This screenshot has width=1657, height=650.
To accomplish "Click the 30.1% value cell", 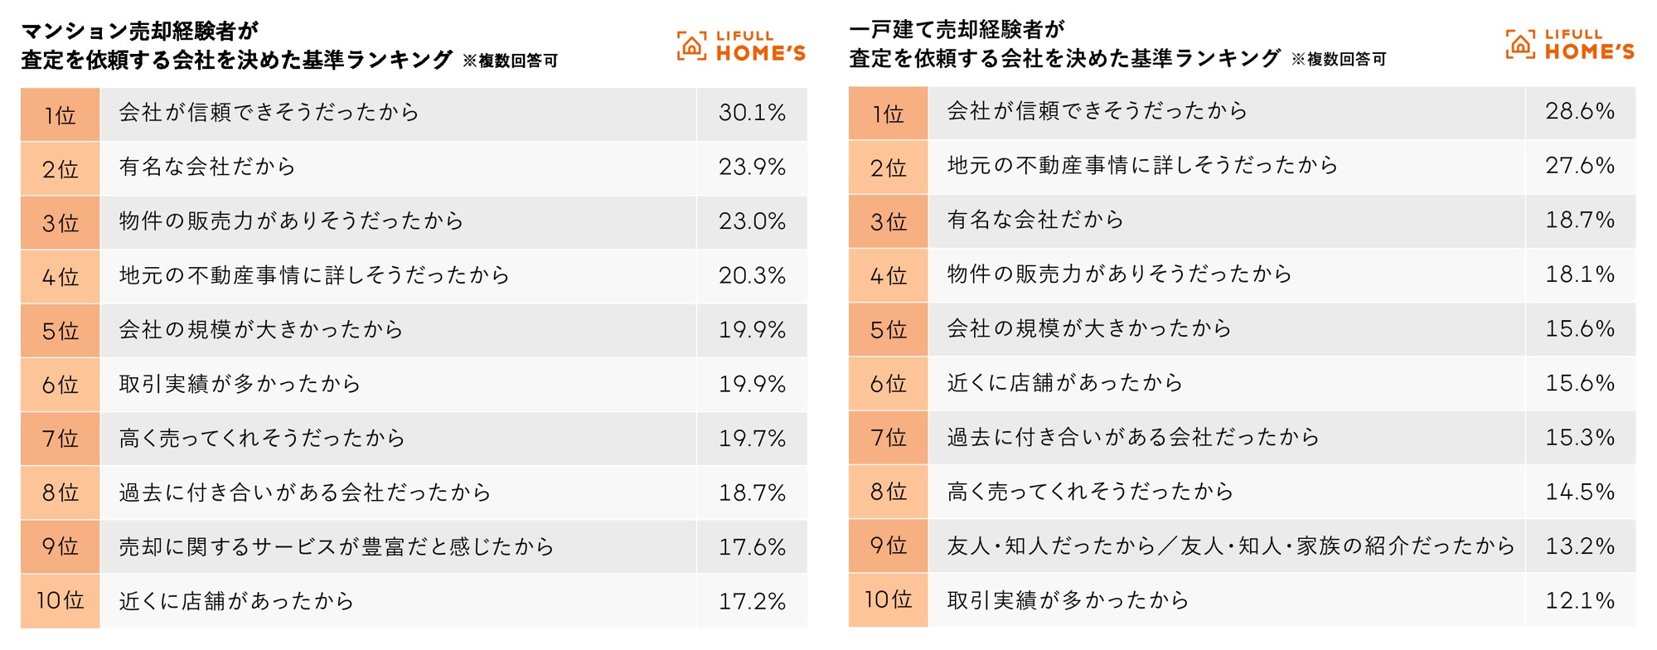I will click(x=752, y=113).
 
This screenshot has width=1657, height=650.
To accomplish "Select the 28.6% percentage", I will click(x=1579, y=111).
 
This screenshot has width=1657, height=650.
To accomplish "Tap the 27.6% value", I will click(x=1579, y=166).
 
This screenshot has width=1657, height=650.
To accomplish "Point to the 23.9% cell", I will click(x=752, y=167).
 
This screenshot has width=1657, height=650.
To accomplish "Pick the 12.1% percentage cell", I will click(x=1579, y=600).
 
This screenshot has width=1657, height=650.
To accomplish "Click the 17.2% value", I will click(x=752, y=601).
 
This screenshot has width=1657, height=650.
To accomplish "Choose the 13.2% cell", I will click(x=1579, y=546).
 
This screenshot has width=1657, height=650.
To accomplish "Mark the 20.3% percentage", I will click(x=752, y=275).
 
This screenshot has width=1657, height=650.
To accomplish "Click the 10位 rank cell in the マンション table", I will click(x=60, y=600).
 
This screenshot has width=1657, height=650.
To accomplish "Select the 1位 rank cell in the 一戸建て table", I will click(x=888, y=114).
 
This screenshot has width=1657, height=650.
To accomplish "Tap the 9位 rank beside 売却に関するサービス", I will click(x=60, y=546).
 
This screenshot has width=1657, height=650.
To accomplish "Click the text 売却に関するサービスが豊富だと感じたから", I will click(x=336, y=547).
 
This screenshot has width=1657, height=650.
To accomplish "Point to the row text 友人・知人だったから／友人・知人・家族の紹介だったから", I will click(x=1230, y=546).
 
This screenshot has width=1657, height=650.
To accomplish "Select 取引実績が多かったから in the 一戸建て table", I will click(x=1068, y=600).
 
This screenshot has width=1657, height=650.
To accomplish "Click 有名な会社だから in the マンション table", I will click(x=207, y=167).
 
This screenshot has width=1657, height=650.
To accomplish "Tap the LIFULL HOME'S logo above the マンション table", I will click(x=741, y=46).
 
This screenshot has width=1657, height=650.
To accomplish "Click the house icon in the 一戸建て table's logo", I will click(x=1520, y=45).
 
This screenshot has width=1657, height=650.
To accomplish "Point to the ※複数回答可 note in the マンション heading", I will click(x=510, y=61).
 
